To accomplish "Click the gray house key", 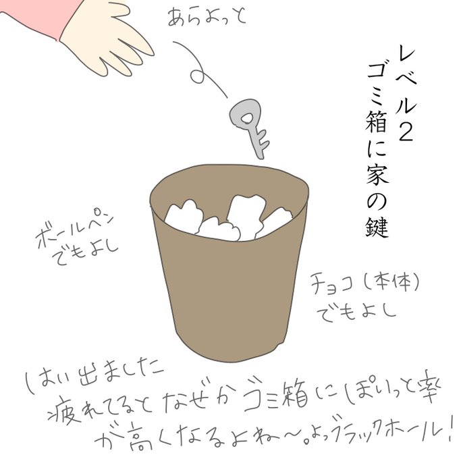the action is tap(248, 126).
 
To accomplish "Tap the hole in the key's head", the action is tap(246, 118).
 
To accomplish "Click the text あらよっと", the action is tap(207, 16).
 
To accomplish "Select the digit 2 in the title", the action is tap(406, 131).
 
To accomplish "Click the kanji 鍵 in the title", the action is tap(377, 226).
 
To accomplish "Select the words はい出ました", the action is tap(94, 377).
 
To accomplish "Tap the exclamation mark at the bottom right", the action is tap(450, 430).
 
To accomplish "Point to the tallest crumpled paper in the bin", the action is tap(245, 214).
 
